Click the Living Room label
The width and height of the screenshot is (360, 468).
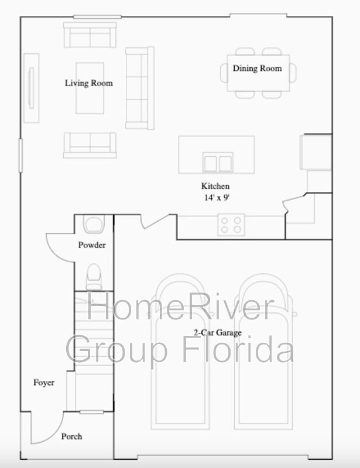point(89,83)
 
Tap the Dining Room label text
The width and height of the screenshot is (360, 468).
point(257,68)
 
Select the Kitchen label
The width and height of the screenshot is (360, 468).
point(215,186)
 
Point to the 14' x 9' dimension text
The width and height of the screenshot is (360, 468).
point(217,198)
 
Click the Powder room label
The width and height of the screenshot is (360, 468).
point(92,245)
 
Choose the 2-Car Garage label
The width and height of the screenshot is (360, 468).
point(218,332)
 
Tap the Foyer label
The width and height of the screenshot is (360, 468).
point(44,383)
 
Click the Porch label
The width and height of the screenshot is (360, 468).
point(71,436)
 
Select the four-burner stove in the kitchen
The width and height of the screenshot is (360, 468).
point(231,225)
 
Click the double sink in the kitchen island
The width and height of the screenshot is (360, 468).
point(218,163)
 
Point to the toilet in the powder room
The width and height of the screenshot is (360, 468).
point(94,277)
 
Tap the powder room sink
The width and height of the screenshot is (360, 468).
point(94,225)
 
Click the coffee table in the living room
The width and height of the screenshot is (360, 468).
point(90,88)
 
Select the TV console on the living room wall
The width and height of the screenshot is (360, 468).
point(32,88)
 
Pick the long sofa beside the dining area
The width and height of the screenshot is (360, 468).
point(140,88)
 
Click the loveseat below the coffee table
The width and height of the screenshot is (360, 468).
point(90,145)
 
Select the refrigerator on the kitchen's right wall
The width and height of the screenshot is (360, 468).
point(316,152)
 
